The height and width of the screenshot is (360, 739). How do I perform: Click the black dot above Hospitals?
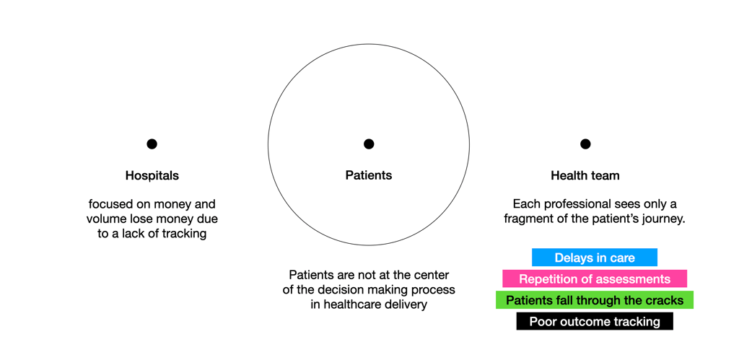click(x=152, y=144)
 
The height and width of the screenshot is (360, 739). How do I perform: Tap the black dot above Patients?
click(x=369, y=144)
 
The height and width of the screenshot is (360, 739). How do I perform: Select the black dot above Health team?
click(x=585, y=144)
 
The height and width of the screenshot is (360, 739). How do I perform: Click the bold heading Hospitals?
click(x=152, y=175)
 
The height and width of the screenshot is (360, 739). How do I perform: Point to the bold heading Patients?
click(x=369, y=175)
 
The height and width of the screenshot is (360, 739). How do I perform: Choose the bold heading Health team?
click(x=585, y=175)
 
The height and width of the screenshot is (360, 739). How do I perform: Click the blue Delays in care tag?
click(x=595, y=258)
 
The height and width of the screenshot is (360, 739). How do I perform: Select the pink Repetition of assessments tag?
click(x=595, y=279)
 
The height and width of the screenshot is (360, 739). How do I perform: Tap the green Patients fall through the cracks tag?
click(x=595, y=300)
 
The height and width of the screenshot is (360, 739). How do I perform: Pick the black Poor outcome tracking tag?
click(x=595, y=322)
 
